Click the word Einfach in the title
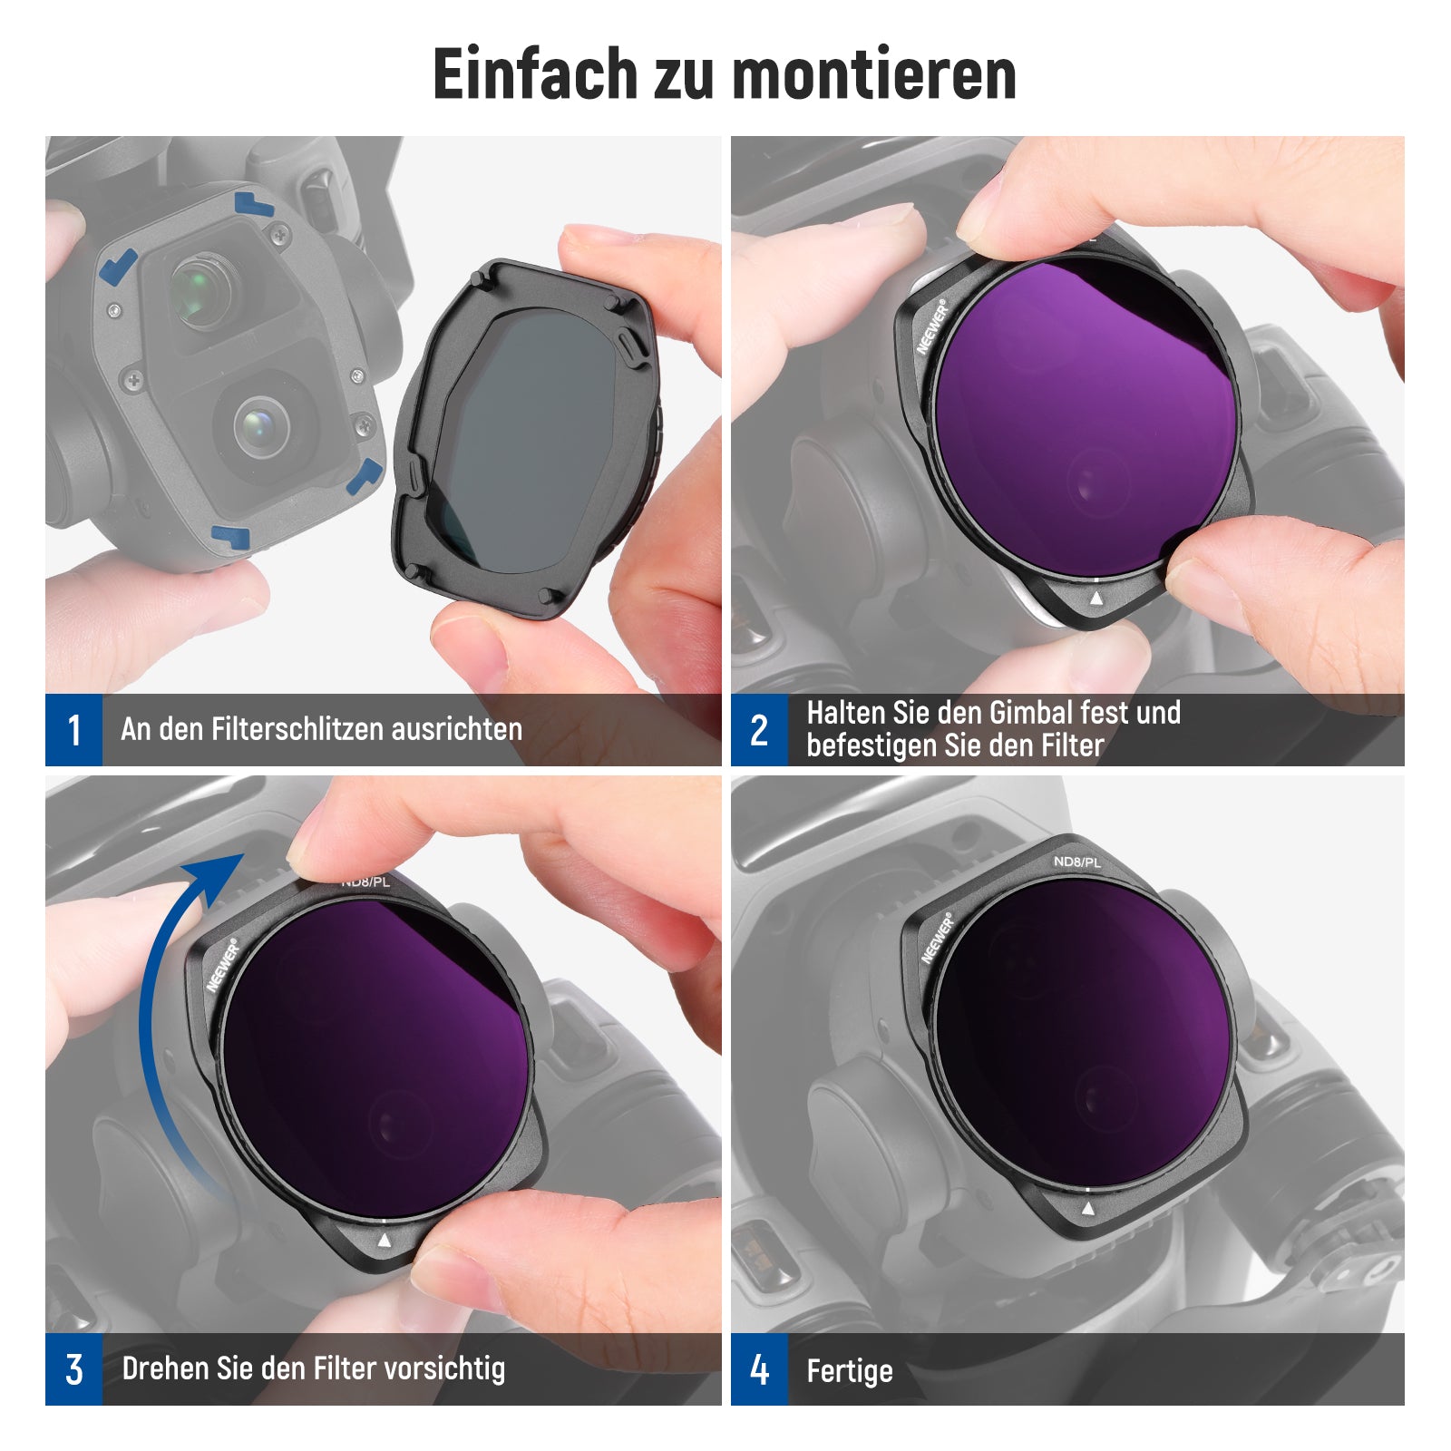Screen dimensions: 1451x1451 point(535,73)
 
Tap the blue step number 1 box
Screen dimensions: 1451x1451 point(73,730)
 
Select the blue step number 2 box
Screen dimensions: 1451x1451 point(759,730)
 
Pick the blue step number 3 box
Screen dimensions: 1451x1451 point(73,1369)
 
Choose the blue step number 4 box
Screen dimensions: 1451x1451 point(759,1369)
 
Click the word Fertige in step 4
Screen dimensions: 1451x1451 point(850,1371)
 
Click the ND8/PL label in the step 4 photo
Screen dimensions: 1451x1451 point(1077,862)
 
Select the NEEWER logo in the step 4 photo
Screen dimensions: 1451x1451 point(938,938)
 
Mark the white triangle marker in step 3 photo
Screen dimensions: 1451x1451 point(385,1241)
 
